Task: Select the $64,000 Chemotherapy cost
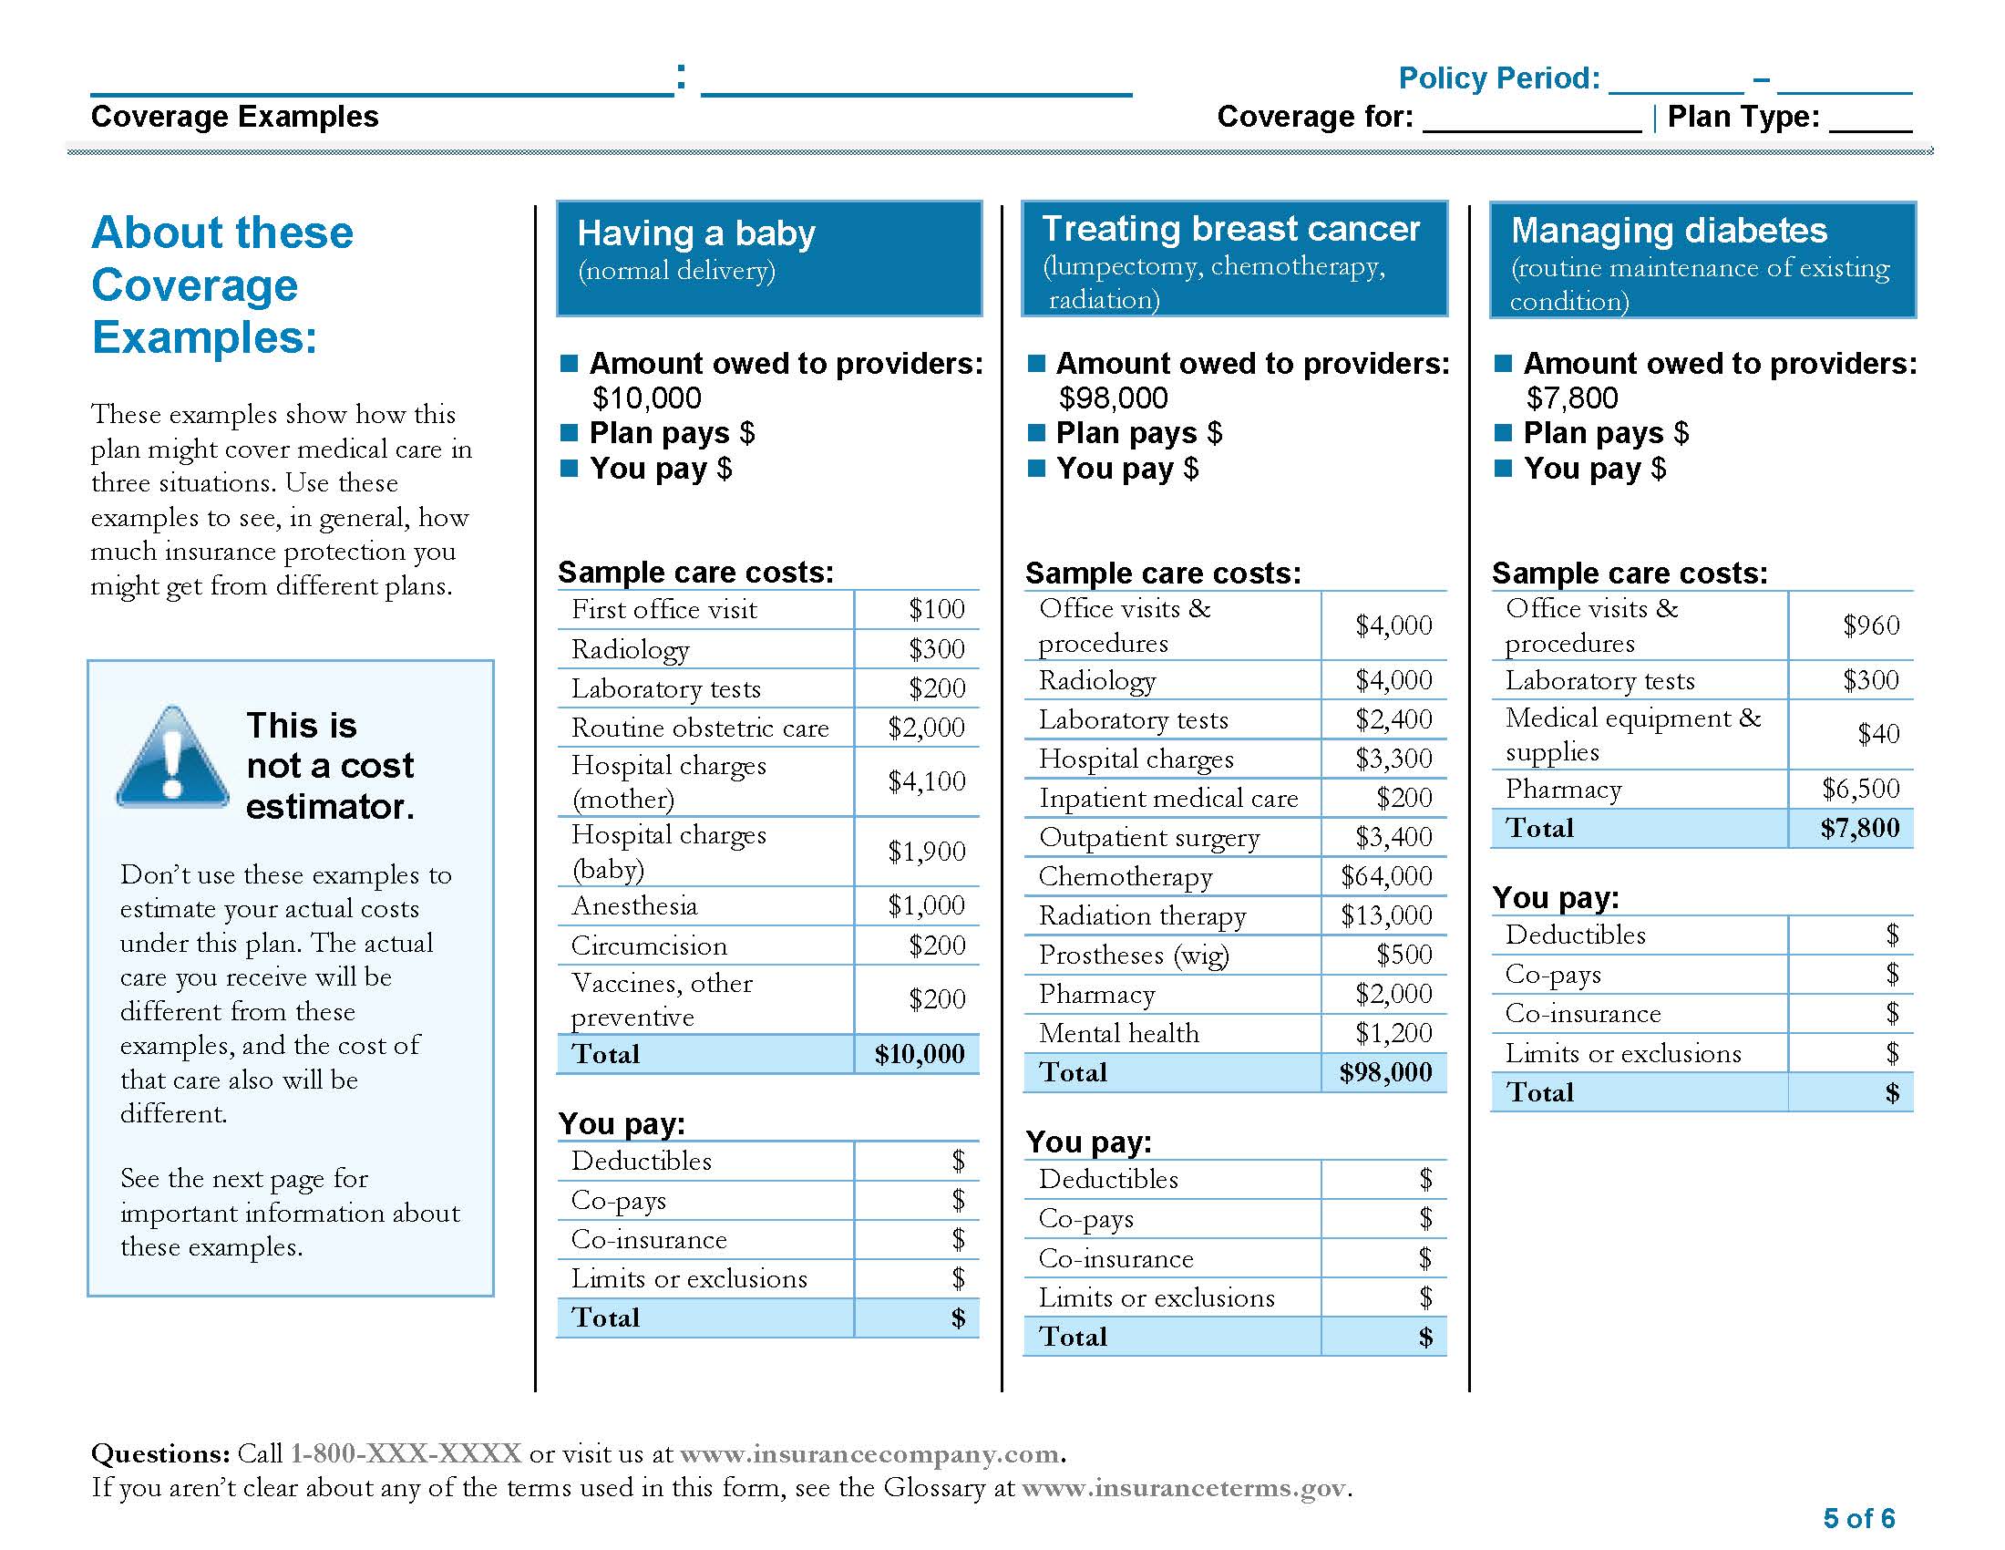(x=1385, y=876)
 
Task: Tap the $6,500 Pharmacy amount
(x=1860, y=789)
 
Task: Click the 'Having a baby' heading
(x=696, y=233)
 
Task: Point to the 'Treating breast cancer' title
(x=1230, y=229)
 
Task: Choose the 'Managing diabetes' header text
(x=1668, y=231)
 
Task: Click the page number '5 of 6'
(x=1858, y=1518)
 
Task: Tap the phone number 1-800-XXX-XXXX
(x=405, y=1453)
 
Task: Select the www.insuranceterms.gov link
(x=1182, y=1488)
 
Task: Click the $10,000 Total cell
(x=919, y=1054)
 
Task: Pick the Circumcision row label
(x=648, y=945)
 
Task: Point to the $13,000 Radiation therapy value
(x=1385, y=915)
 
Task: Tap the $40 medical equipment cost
(x=1877, y=734)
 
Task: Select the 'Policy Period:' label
(x=1498, y=78)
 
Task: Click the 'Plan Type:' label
(x=1743, y=117)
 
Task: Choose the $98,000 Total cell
(x=1385, y=1072)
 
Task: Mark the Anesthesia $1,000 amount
(x=925, y=905)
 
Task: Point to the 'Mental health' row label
(x=1118, y=1034)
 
